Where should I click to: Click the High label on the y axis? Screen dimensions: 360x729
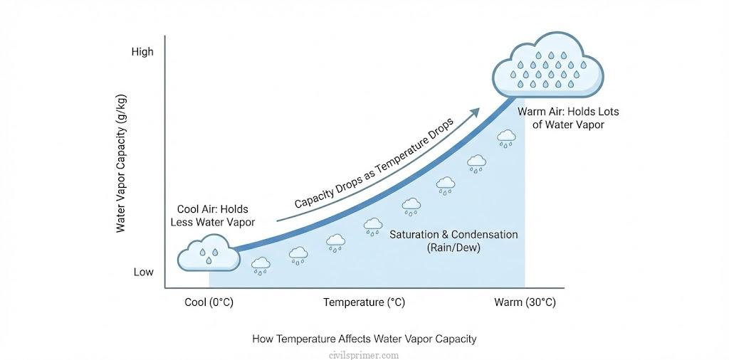(x=142, y=52)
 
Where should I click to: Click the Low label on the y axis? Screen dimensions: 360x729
(x=142, y=272)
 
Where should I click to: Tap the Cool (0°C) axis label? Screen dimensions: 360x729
(x=209, y=302)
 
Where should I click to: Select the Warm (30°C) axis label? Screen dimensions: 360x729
(x=525, y=302)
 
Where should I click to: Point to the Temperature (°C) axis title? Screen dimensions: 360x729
(x=364, y=302)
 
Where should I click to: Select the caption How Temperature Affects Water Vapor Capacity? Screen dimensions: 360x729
(x=364, y=339)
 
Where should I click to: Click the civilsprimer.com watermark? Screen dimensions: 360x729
(x=364, y=354)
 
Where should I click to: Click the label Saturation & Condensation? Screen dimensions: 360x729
(x=454, y=235)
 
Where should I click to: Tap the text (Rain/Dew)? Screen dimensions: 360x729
(x=454, y=248)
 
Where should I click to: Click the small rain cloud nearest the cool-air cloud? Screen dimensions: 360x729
(x=261, y=265)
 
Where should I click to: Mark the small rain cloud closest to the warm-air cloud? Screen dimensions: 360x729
(x=506, y=137)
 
